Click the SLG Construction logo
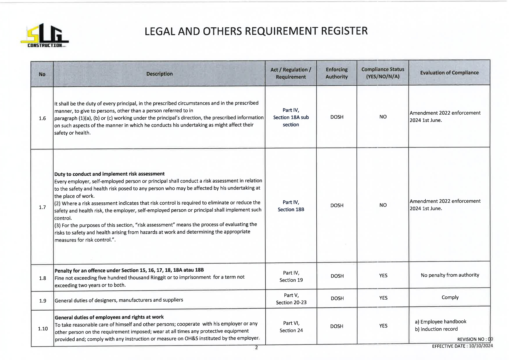coord(44,36)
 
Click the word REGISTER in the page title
coord(344,31)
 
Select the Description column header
coord(159,74)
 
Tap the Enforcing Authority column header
coord(336,73)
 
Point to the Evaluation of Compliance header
coord(449,73)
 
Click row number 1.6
coord(42,118)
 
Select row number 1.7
coord(42,207)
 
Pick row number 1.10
coord(43,329)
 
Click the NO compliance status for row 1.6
coord(383,117)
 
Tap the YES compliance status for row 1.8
coord(383,276)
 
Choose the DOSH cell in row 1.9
coord(337,298)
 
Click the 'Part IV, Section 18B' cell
coord(291,206)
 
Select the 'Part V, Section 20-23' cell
coord(291,299)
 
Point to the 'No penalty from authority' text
coord(450,275)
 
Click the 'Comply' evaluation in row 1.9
coord(450,297)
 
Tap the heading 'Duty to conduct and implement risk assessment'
coord(109,174)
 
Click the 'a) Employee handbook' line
coord(440,322)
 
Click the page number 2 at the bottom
coord(256,348)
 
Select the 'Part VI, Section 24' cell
coord(291,327)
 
